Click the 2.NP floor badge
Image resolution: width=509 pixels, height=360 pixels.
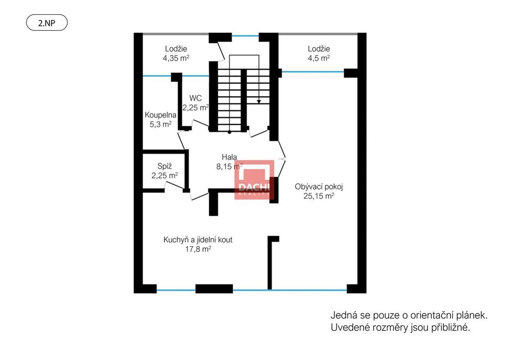[x=47, y=23]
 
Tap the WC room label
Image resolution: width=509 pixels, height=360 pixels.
[x=195, y=98]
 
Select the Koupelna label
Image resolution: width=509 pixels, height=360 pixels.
[x=161, y=115]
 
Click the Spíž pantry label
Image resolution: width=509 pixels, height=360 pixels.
[x=165, y=166]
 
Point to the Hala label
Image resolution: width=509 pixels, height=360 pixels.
[x=229, y=157]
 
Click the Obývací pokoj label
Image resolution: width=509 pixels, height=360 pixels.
[x=319, y=187]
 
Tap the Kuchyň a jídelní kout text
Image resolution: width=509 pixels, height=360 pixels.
[x=198, y=240]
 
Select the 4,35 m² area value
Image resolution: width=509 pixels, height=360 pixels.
[x=176, y=58]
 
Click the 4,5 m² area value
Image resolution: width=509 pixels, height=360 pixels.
[x=319, y=58]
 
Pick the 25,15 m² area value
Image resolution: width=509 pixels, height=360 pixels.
[x=319, y=196]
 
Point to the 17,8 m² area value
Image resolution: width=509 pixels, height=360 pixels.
[x=198, y=249]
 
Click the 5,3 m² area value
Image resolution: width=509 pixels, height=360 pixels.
[x=161, y=124]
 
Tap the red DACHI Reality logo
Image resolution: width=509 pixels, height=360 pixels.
[x=254, y=180]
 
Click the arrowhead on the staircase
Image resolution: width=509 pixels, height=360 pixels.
[x=258, y=101]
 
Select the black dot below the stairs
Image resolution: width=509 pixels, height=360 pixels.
[x=230, y=132]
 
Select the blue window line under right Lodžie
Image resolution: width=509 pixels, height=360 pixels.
[x=313, y=72]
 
